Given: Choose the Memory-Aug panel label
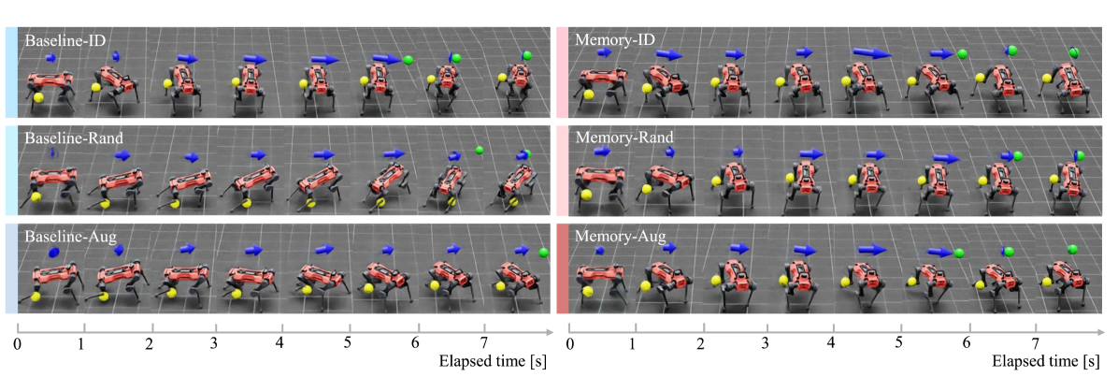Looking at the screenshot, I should (x=619, y=239).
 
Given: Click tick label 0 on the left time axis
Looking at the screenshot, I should (x=18, y=343).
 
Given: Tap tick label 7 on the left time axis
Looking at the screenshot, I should (x=483, y=343).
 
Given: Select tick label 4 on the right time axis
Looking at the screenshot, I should (x=832, y=343).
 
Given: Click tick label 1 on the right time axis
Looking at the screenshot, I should (x=634, y=343).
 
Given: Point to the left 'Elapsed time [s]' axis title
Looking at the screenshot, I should (x=493, y=360).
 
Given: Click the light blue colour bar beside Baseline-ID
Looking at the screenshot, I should (x=10, y=73).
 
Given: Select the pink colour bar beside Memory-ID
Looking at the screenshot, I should (x=561, y=73).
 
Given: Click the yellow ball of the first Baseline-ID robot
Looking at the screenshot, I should (x=38, y=94).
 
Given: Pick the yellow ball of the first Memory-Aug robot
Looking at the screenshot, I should (x=587, y=292).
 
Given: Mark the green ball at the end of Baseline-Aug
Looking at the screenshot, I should (x=544, y=252).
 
